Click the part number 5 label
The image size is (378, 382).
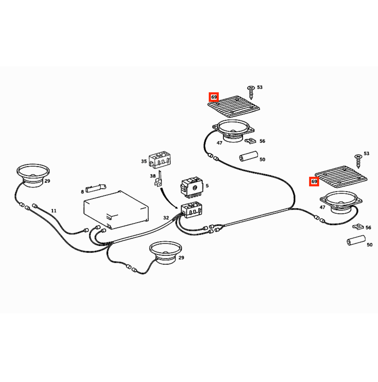tap(207, 186)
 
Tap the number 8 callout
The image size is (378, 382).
tap(82, 192)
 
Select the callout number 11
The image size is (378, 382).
tap(54, 211)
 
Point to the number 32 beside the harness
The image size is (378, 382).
tap(166, 218)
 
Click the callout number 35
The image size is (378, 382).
tap(144, 161)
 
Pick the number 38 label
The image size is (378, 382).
tap(153, 176)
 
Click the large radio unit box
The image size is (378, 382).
tap(116, 210)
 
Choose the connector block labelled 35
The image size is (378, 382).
tap(160, 160)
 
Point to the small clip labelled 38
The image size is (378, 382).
tap(159, 179)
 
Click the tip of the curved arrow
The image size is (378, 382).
tap(178, 209)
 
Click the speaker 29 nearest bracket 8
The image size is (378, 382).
tap(33, 176)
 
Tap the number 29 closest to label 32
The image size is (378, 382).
tap(181, 257)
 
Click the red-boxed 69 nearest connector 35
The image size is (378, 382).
tap(214, 97)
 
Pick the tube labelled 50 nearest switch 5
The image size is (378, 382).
tap(249, 156)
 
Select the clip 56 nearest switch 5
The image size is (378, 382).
tap(250, 141)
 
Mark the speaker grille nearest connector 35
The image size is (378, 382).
tap(234, 107)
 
